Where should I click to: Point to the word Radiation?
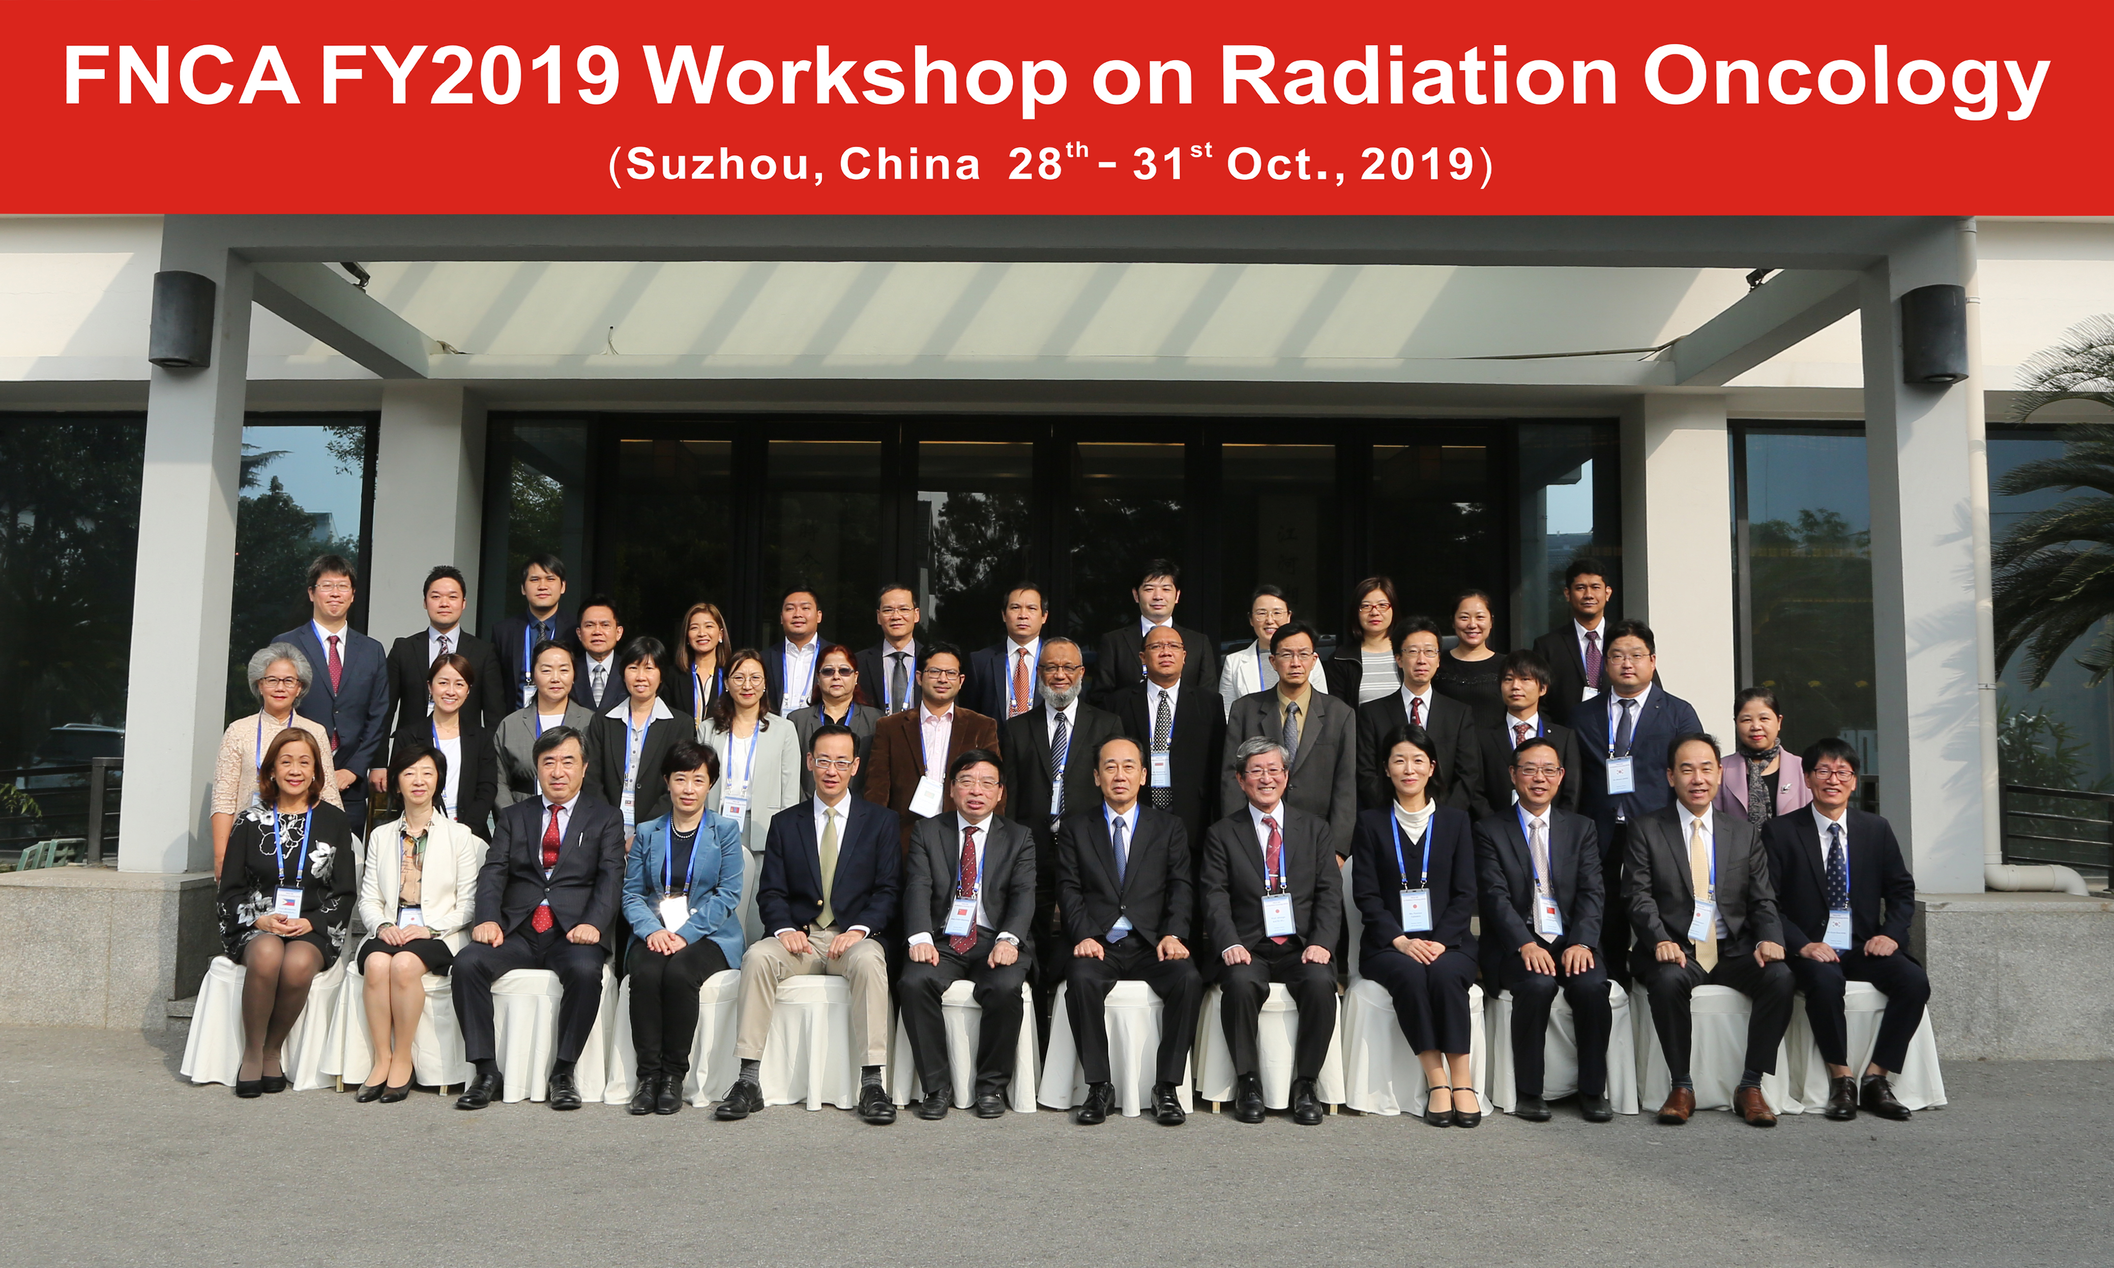coord(1418,77)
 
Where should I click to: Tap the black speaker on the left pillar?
coord(182,319)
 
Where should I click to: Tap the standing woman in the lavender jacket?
coord(1762,761)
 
